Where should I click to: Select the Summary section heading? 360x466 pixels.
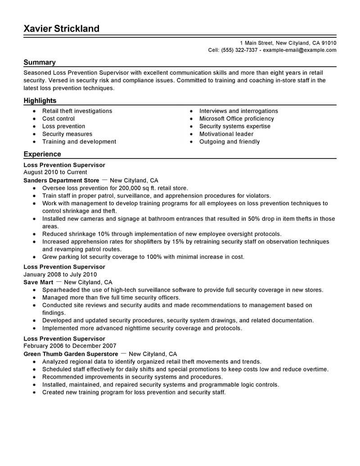pos(40,62)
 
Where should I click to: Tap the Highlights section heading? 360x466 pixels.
pos(40,100)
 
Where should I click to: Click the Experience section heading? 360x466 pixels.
pos(42,154)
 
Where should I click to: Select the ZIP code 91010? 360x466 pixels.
pos(327,43)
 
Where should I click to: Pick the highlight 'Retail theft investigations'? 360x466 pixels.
pos(77,111)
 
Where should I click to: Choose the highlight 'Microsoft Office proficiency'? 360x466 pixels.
pos(237,118)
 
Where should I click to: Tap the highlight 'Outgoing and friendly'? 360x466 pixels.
pos(229,141)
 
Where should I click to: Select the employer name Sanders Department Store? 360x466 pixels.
pos(61,180)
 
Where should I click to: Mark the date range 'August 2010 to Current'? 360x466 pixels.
pos(55,172)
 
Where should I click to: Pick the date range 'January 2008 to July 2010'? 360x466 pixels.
pos(60,275)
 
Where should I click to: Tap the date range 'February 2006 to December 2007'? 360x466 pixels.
pos(70,346)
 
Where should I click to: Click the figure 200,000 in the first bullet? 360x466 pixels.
pos(127,188)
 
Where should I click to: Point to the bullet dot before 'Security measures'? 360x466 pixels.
pos(34,134)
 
